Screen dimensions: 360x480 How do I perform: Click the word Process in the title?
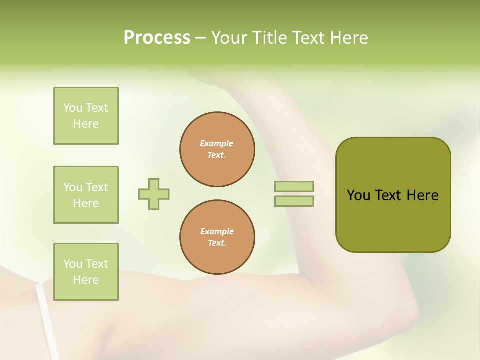point(157,38)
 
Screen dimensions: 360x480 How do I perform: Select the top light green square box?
point(86,116)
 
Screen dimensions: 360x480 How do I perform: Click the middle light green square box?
point(86,195)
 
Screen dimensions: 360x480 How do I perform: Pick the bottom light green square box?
point(86,272)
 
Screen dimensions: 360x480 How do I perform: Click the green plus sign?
point(154,194)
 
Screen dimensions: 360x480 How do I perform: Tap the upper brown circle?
point(217,149)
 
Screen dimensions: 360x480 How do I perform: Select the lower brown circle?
point(217,237)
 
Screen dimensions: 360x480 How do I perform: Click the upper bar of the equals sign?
point(294,187)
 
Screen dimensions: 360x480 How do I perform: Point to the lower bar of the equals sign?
point(294,201)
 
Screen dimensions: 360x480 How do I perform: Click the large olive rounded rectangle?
point(393,220)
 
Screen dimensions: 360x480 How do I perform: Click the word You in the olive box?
point(358,195)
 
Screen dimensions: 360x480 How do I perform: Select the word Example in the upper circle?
point(217,144)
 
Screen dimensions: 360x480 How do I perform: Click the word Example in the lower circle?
point(217,232)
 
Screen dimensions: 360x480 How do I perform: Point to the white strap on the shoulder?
point(47,320)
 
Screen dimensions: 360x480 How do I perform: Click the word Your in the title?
point(229,38)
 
